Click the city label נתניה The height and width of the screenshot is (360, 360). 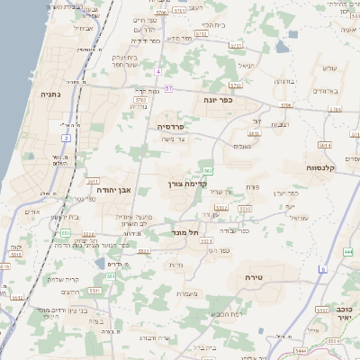click(49, 93)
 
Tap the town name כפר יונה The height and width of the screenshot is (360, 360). click(218, 99)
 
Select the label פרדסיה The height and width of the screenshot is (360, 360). click(170, 127)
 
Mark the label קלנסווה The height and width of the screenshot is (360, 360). click(320, 167)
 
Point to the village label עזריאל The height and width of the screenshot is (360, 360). click(272, 217)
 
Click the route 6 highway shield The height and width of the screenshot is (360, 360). click(323, 269)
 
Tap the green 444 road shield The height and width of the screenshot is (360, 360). click(347, 252)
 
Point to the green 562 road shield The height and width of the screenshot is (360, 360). click(208, 170)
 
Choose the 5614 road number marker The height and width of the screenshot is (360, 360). click(324, 144)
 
